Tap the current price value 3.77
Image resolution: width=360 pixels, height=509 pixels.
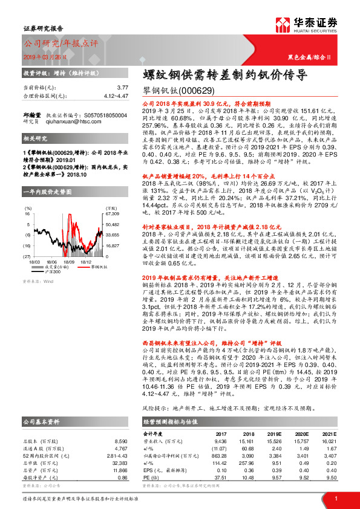point(122,88)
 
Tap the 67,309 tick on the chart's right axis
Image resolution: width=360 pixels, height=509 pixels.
point(113,214)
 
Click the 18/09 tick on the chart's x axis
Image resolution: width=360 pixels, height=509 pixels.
point(68,246)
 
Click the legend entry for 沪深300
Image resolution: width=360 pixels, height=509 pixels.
point(56,256)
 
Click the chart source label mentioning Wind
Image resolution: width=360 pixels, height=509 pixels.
point(38,264)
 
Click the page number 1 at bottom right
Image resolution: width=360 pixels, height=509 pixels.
point(336,498)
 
